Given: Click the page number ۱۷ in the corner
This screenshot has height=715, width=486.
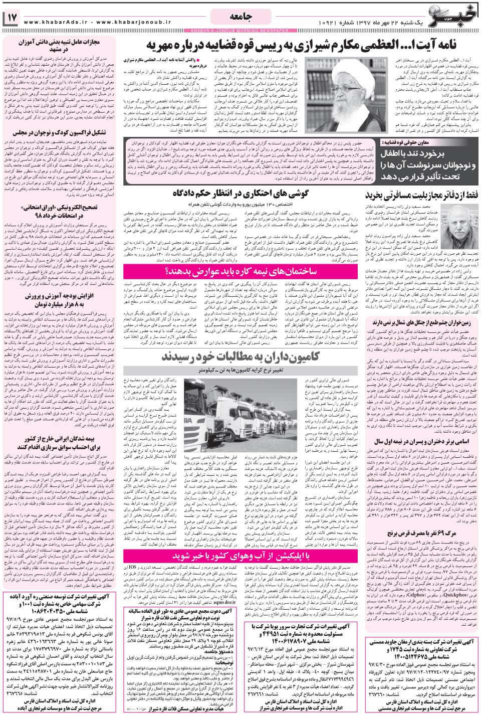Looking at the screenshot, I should click(12, 18).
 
